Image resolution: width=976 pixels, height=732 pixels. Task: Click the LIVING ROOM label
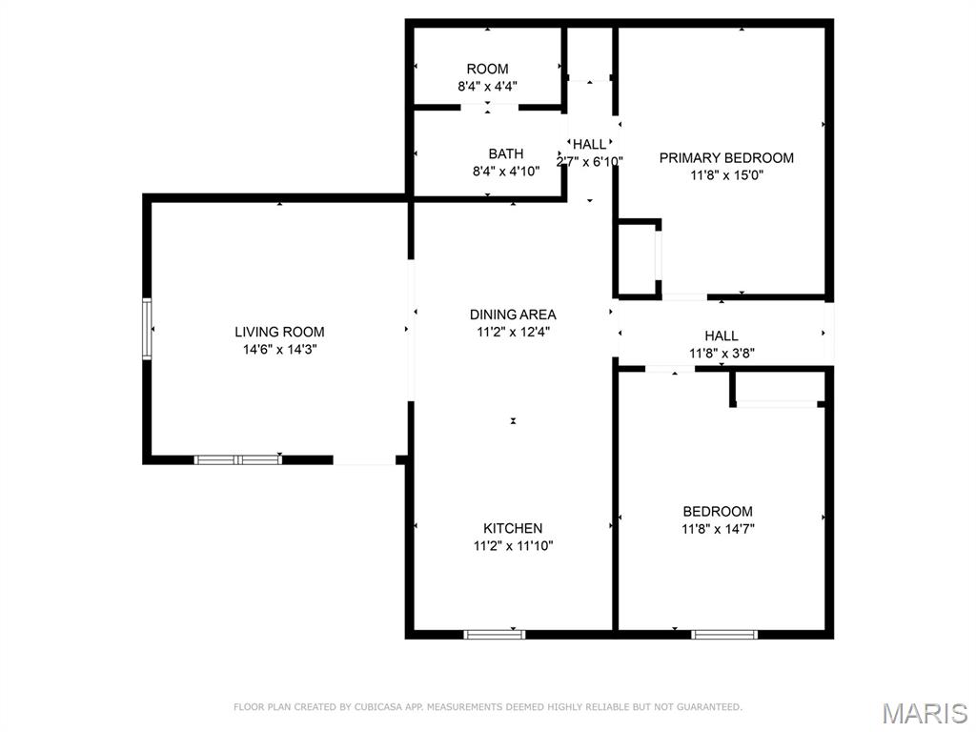(279, 332)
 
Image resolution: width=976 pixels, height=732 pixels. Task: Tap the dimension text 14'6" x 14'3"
(279, 350)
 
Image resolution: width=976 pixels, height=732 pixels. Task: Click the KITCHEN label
(513, 528)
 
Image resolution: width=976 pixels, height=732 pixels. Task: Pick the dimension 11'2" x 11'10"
(513, 546)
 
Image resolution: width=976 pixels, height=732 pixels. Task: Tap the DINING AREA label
(513, 314)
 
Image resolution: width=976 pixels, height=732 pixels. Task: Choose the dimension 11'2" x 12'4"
(513, 332)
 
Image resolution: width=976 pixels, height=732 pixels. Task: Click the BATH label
(505, 153)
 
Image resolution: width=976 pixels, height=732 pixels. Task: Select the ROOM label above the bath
(487, 69)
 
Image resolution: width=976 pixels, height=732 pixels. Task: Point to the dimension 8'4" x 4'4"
(487, 86)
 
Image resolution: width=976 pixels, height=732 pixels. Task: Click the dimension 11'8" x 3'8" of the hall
(722, 353)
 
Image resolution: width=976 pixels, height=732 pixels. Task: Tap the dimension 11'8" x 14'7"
(717, 529)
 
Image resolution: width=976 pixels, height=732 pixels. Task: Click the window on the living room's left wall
(147, 329)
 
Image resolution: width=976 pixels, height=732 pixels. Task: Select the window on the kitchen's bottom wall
(494, 634)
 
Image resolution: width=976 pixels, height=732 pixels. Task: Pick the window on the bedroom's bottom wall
(724, 634)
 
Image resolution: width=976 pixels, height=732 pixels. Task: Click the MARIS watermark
(925, 713)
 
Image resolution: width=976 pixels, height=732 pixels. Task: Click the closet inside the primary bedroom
(637, 258)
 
